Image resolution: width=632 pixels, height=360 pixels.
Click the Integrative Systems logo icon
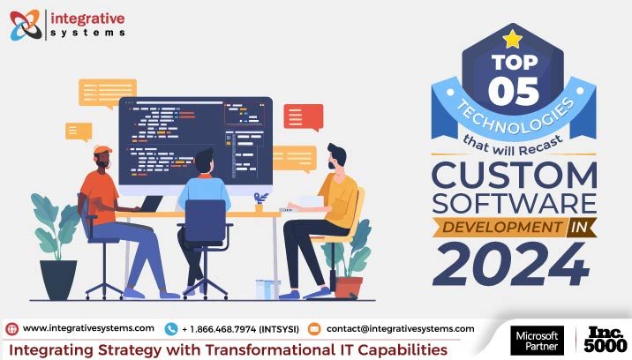tap(24, 24)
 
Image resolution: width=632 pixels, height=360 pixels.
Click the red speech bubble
tap(303, 116)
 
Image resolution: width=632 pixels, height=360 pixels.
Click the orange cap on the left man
tap(102, 151)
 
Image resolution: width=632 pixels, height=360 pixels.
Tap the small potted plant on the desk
tap(260, 202)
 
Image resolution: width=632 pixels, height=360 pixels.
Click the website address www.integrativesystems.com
tap(89, 328)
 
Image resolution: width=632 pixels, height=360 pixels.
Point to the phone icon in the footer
tap(171, 329)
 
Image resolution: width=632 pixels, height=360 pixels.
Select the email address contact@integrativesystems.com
tap(400, 328)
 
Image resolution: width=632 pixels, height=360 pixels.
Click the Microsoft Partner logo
tap(535, 341)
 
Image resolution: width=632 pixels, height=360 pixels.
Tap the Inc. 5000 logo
tap(606, 340)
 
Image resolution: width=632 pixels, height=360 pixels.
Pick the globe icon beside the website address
tap(11, 329)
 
